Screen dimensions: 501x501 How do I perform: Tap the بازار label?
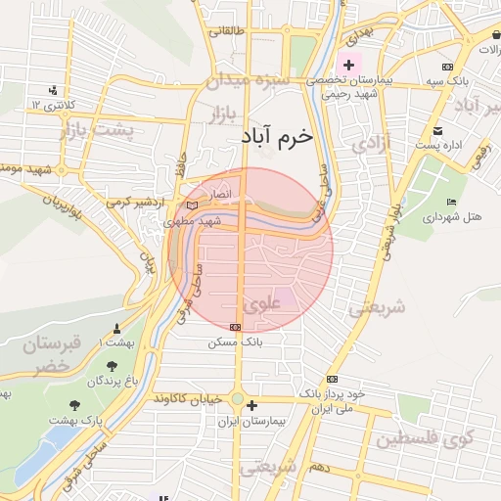(224, 116)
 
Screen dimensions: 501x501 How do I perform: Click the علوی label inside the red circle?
(261, 304)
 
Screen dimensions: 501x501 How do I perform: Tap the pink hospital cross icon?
(349, 64)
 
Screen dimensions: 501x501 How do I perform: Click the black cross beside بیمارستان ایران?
(252, 405)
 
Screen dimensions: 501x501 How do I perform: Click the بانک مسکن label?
(231, 343)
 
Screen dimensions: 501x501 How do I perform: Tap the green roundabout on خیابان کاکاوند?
(237, 399)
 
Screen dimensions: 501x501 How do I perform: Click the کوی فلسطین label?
(436, 435)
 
